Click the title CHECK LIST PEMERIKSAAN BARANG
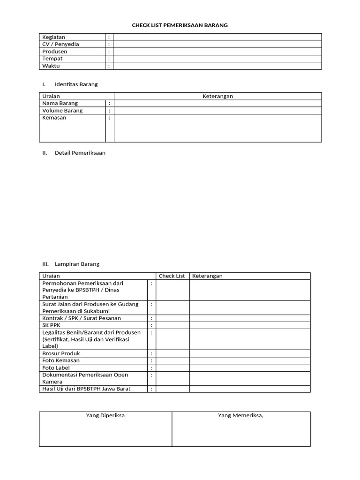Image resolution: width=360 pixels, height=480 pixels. (180, 25)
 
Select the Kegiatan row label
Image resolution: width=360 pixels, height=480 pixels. (53, 37)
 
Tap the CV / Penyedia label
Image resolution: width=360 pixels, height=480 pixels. (60, 44)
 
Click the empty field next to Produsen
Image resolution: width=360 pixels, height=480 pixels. (217, 52)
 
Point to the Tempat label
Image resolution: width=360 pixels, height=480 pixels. (52, 59)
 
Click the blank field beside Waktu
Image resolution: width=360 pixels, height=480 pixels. (217, 66)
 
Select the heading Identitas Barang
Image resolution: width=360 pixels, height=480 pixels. (76, 84)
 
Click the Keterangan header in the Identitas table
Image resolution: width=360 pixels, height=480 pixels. (217, 96)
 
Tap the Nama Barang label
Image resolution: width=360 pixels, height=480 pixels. (60, 103)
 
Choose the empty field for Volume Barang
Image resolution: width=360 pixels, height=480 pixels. (217, 111)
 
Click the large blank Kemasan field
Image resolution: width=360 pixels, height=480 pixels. (217, 128)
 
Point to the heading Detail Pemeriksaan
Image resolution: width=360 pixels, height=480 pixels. (80, 153)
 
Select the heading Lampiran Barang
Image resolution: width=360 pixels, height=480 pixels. (77, 264)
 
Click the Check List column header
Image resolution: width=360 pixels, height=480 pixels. (172, 276)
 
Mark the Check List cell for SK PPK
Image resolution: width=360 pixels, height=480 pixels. (172, 325)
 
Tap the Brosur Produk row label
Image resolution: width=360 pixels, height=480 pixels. (61, 353)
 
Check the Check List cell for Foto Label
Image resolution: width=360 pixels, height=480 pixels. (172, 368)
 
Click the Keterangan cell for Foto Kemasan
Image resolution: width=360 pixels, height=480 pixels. (249, 360)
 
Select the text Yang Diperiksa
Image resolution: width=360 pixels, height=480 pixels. (105, 415)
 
